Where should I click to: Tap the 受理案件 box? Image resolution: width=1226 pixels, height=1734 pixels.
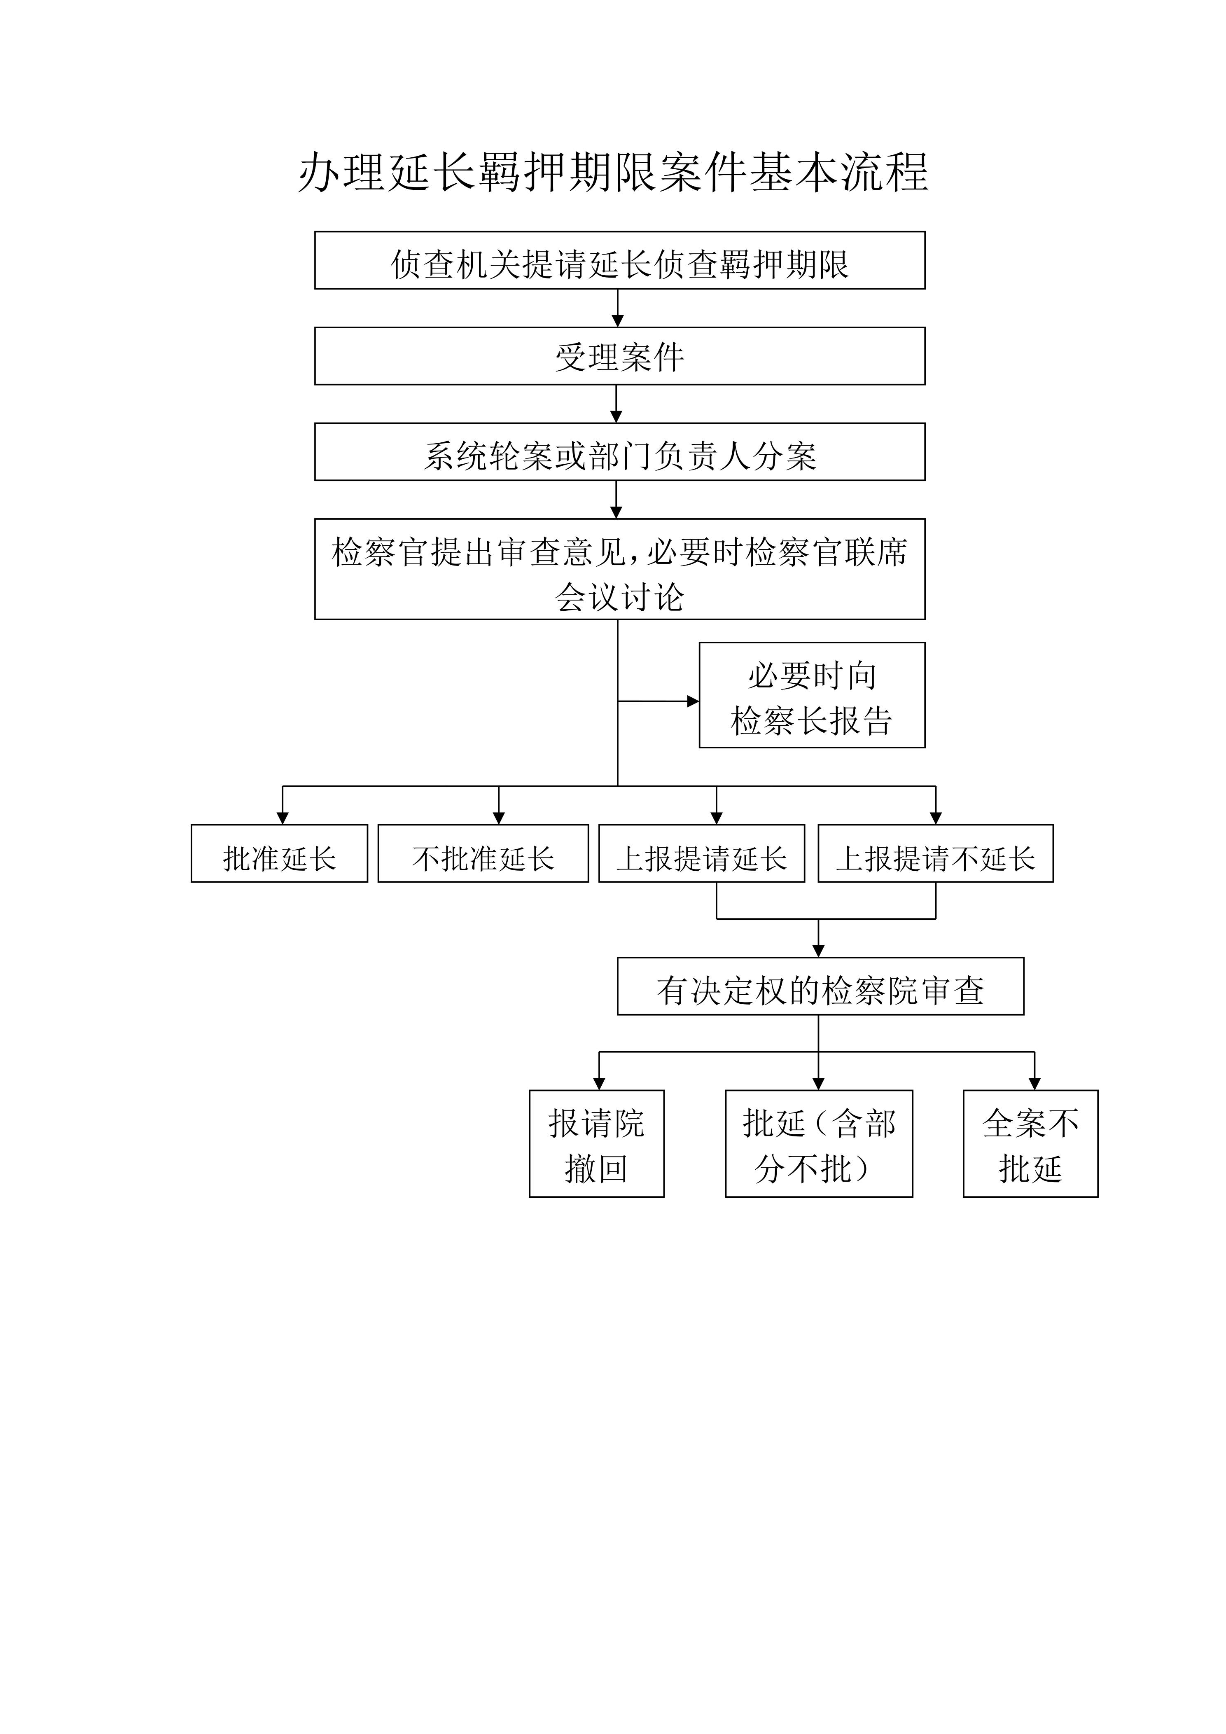(620, 356)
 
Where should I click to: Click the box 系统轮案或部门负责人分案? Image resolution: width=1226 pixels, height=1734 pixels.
(620, 452)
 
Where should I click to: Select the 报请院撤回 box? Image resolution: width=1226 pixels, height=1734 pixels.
(596, 1143)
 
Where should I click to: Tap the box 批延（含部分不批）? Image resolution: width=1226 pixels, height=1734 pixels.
(819, 1143)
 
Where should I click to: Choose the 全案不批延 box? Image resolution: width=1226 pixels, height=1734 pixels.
(1030, 1143)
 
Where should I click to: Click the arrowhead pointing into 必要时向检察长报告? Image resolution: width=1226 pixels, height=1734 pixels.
(693, 701)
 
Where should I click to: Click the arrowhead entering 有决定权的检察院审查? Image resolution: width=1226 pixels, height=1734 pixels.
(818, 951)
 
